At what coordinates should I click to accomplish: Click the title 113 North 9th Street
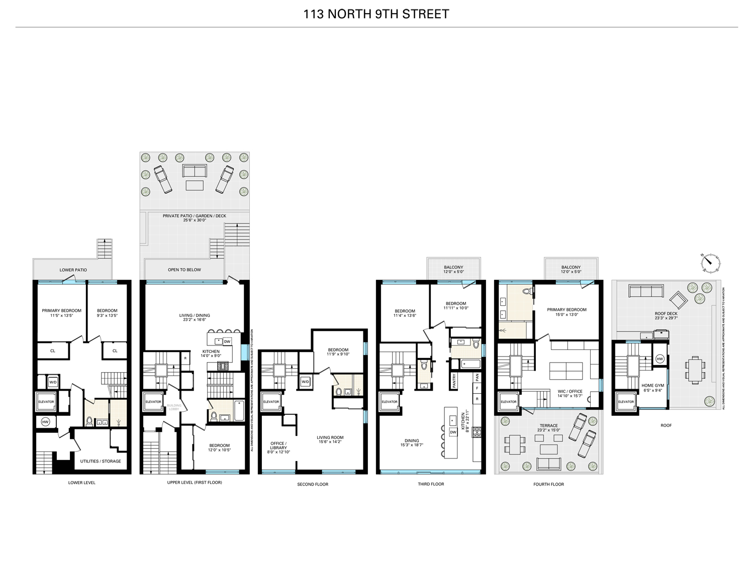(x=376, y=14)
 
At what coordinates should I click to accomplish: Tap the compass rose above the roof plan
(x=710, y=261)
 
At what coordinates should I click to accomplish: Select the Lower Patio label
(x=73, y=270)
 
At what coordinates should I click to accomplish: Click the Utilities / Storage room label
(x=101, y=461)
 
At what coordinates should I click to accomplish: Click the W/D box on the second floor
(x=305, y=382)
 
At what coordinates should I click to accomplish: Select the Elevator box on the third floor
(x=389, y=402)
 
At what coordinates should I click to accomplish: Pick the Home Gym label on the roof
(x=652, y=386)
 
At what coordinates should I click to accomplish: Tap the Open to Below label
(x=184, y=270)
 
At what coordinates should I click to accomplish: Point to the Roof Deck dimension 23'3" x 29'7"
(x=666, y=318)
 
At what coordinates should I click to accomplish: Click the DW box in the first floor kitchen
(x=227, y=341)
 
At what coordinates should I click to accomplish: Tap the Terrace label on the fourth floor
(x=548, y=425)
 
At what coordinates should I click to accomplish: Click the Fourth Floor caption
(x=548, y=484)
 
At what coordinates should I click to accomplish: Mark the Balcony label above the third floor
(x=453, y=267)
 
